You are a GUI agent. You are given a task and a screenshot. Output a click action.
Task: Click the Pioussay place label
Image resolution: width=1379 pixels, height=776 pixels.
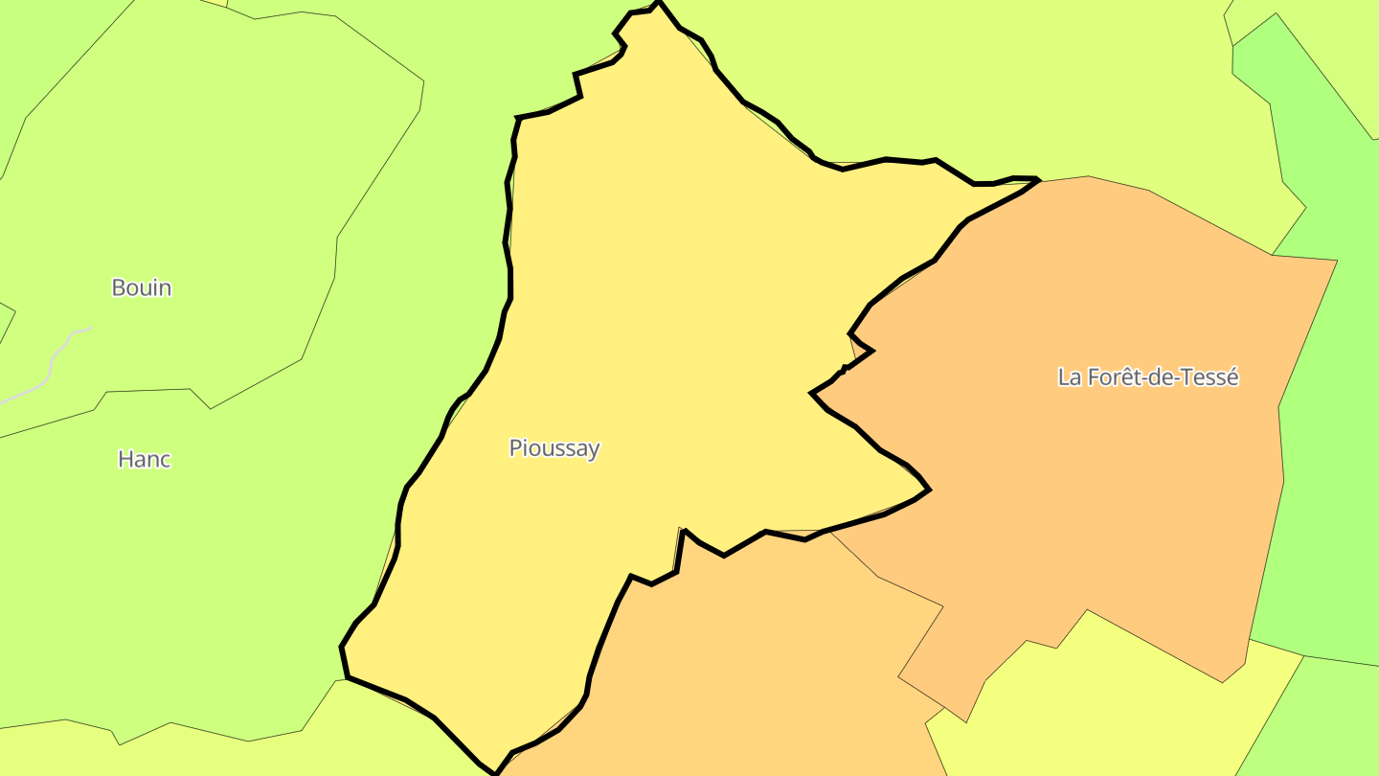click(554, 448)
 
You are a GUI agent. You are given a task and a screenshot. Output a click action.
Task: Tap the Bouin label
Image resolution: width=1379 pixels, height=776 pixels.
click(142, 287)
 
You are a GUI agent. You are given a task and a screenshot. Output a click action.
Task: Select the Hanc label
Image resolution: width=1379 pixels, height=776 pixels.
click(145, 460)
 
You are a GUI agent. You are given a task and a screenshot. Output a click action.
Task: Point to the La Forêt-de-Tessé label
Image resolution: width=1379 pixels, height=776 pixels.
click(1148, 377)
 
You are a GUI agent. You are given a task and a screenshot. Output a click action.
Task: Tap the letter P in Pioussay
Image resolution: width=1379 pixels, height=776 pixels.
click(514, 448)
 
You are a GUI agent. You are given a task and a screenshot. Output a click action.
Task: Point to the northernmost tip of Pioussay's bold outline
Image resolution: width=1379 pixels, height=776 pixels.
click(658, 3)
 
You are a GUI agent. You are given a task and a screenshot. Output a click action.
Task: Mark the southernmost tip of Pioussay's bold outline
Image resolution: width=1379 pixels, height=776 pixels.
click(494, 772)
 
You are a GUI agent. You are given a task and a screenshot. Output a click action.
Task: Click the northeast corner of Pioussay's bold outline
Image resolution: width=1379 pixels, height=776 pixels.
click(1038, 179)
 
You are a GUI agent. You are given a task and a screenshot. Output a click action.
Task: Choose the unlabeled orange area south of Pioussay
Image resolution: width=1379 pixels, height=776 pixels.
click(747, 651)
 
